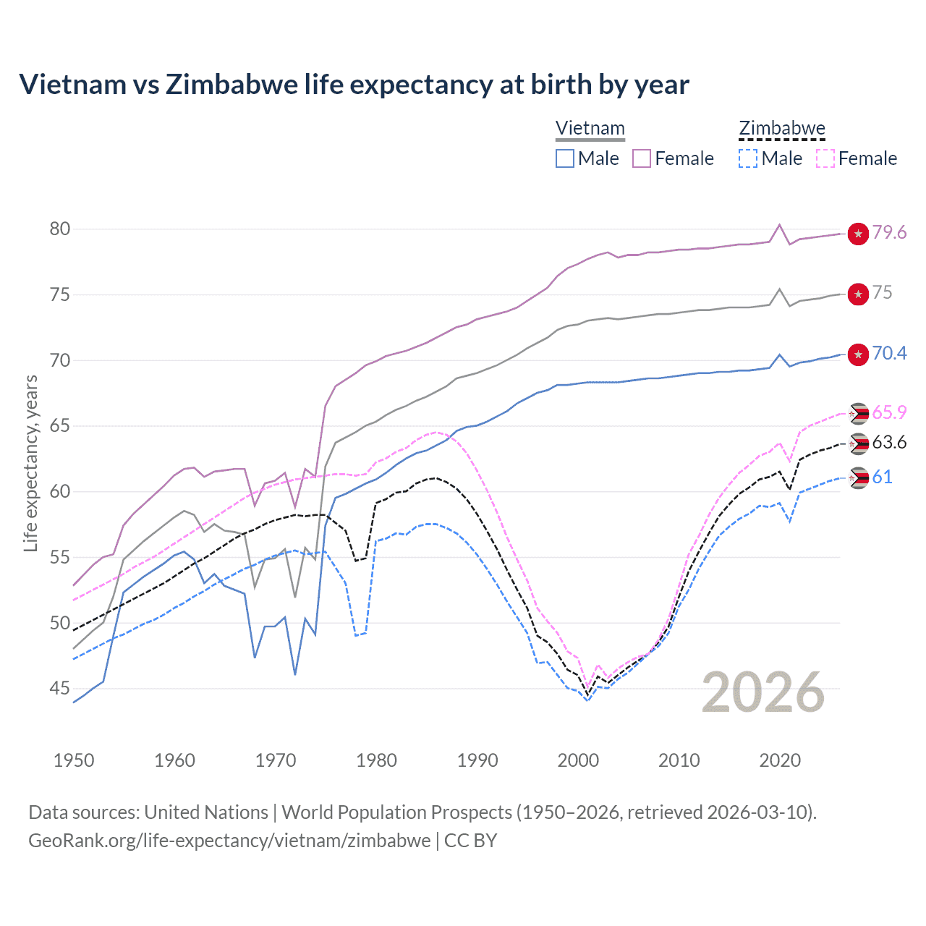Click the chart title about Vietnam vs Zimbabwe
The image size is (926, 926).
click(354, 85)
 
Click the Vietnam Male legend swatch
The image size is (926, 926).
click(565, 158)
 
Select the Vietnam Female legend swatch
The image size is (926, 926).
click(642, 158)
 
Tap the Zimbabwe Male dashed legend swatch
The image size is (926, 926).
click(748, 158)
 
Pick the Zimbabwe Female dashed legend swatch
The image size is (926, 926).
click(825, 158)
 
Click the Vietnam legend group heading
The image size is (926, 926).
click(590, 129)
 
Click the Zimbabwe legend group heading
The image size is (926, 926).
click(782, 129)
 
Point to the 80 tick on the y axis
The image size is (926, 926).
click(60, 229)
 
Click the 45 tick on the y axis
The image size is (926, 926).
click(60, 689)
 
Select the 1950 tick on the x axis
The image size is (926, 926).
click(74, 760)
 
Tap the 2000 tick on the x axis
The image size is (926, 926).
click(578, 760)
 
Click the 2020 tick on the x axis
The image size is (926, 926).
click(780, 760)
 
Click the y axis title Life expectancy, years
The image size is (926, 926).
click(30, 463)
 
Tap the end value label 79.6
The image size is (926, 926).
click(889, 233)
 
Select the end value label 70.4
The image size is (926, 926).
click(889, 354)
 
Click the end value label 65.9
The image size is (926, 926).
click(889, 413)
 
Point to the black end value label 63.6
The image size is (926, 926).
click(889, 443)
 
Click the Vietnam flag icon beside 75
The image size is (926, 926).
click(858, 294)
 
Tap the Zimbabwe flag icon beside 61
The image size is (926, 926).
click(858, 477)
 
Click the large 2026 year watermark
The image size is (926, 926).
click(763, 692)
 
